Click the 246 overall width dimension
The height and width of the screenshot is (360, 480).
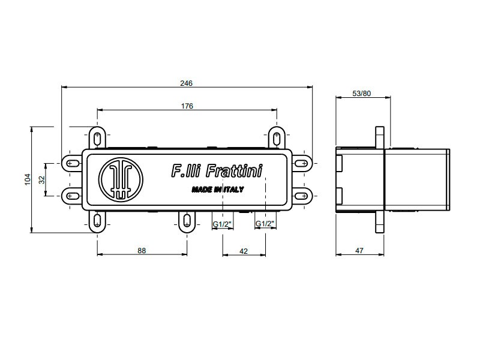click(x=186, y=83)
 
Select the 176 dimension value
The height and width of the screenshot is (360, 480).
click(x=187, y=106)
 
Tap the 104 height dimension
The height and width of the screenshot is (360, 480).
click(x=28, y=179)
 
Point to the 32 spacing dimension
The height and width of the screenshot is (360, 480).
click(x=42, y=179)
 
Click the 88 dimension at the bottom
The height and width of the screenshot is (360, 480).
click(x=142, y=251)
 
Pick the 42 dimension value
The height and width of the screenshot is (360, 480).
click(x=244, y=251)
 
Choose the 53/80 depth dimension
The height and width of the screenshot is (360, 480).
click(x=362, y=94)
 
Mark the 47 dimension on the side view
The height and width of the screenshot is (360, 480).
click(x=359, y=251)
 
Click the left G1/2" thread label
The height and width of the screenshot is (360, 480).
click(x=222, y=224)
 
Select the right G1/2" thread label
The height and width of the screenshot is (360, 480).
click(x=265, y=224)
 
